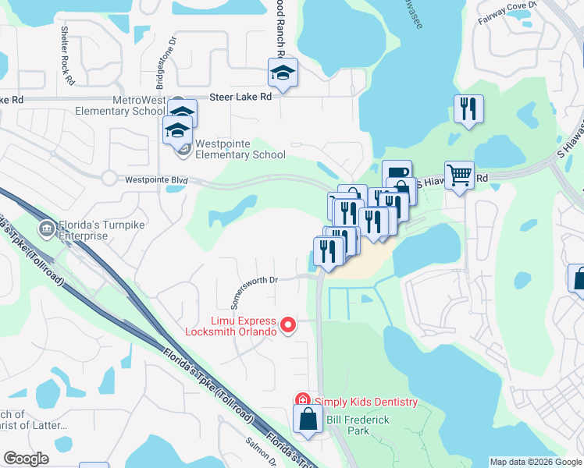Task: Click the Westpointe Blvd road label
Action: point(157,179)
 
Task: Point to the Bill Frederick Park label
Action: point(347,425)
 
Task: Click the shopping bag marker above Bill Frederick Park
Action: point(308,420)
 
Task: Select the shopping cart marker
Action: point(459,175)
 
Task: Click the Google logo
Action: point(27,459)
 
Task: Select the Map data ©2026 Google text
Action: point(536,462)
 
